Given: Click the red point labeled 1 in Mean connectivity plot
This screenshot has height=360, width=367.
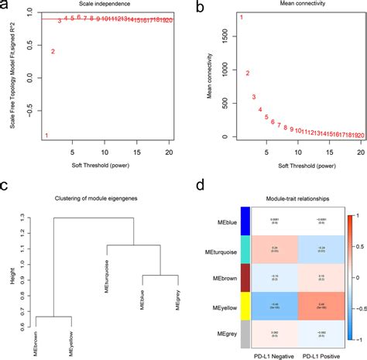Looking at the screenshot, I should point(241,17).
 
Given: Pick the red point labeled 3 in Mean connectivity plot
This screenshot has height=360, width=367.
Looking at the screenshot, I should point(254,97).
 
